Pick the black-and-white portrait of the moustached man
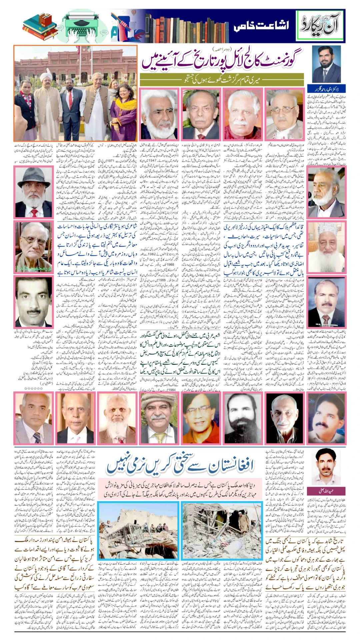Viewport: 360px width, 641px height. (33, 302)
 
